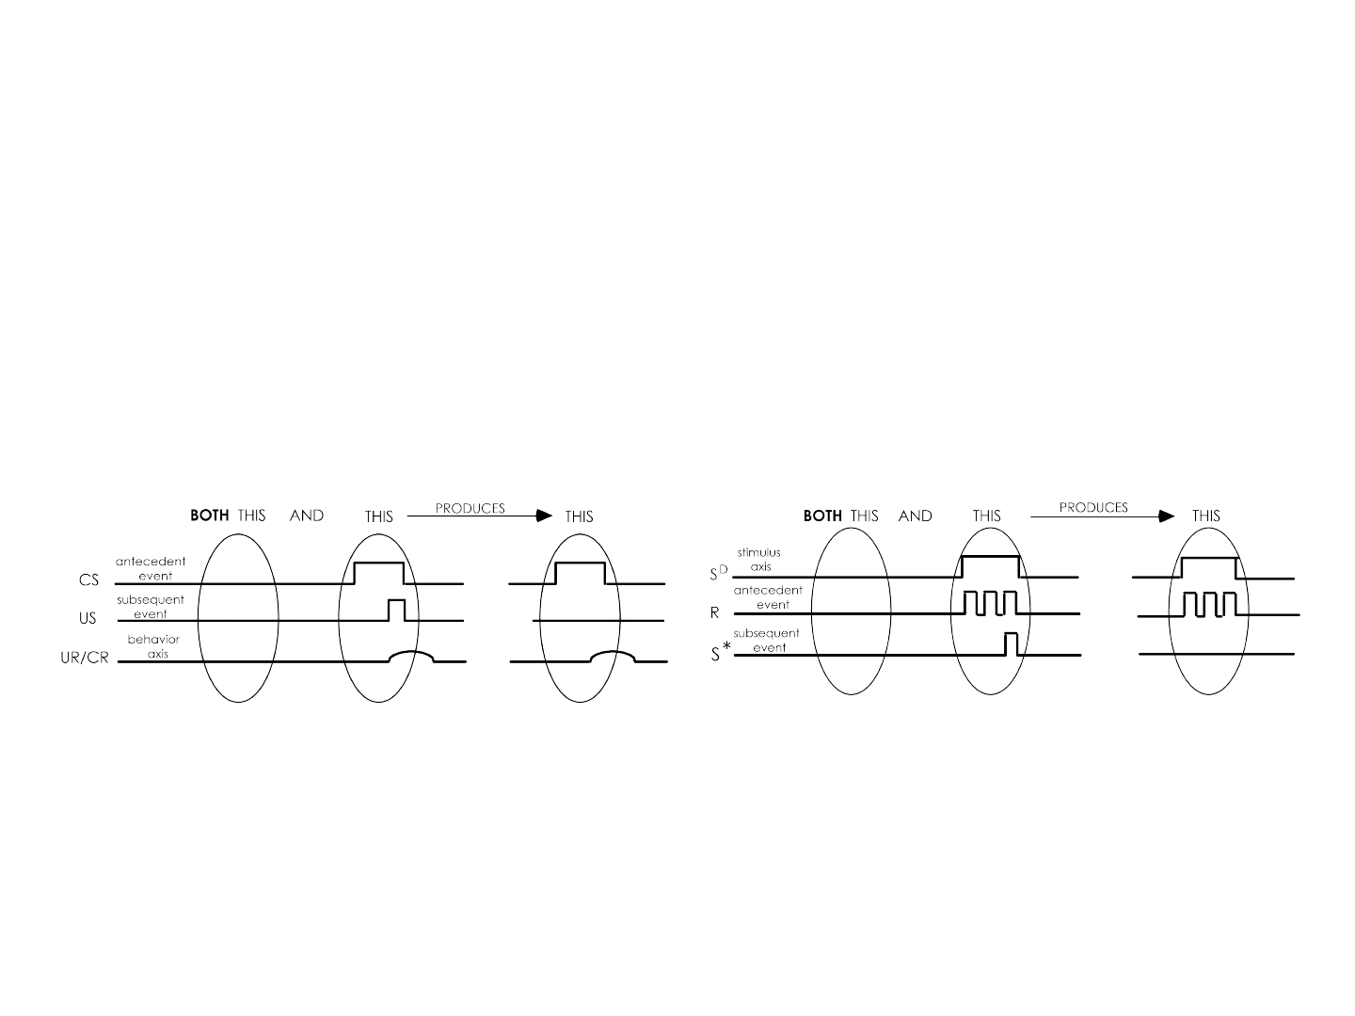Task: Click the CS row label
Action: pos(88,579)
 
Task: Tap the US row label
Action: pos(88,618)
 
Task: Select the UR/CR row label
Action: pos(85,658)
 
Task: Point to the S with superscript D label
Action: pos(719,573)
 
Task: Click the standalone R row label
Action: pos(715,612)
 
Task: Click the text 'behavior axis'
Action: pos(153,646)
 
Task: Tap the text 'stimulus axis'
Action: pos(759,560)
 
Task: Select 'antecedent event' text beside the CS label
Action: pos(151,569)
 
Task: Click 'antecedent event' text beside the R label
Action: pos(768,597)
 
